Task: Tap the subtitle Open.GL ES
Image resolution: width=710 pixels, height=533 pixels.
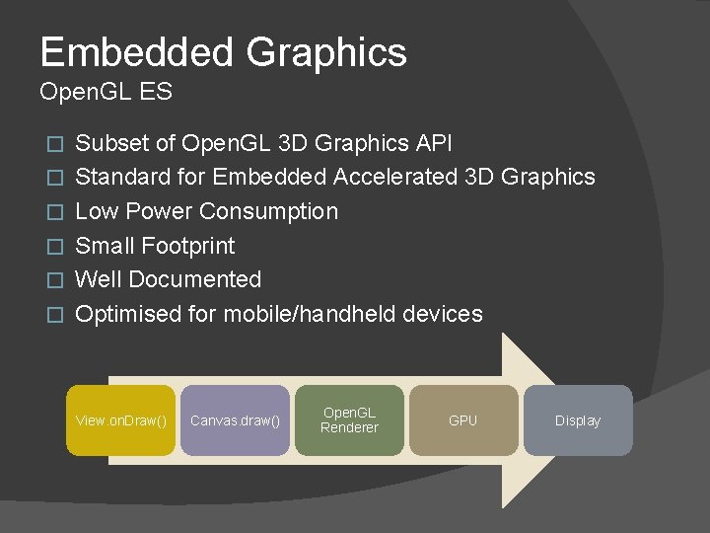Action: coord(106,93)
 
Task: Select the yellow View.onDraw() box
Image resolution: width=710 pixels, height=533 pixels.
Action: coord(121,420)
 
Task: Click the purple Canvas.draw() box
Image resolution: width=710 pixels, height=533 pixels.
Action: coord(235,420)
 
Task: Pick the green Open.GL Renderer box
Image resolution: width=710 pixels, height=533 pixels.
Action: coord(349,420)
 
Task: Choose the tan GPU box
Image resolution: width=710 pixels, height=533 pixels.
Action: coord(462,420)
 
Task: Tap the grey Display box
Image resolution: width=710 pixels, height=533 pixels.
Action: coord(578,420)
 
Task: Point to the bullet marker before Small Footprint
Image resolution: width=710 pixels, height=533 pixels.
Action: coord(55,246)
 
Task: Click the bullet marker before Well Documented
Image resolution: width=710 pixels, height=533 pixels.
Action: coord(55,280)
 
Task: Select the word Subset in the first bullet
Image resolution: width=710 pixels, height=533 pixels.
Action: coord(111,143)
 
